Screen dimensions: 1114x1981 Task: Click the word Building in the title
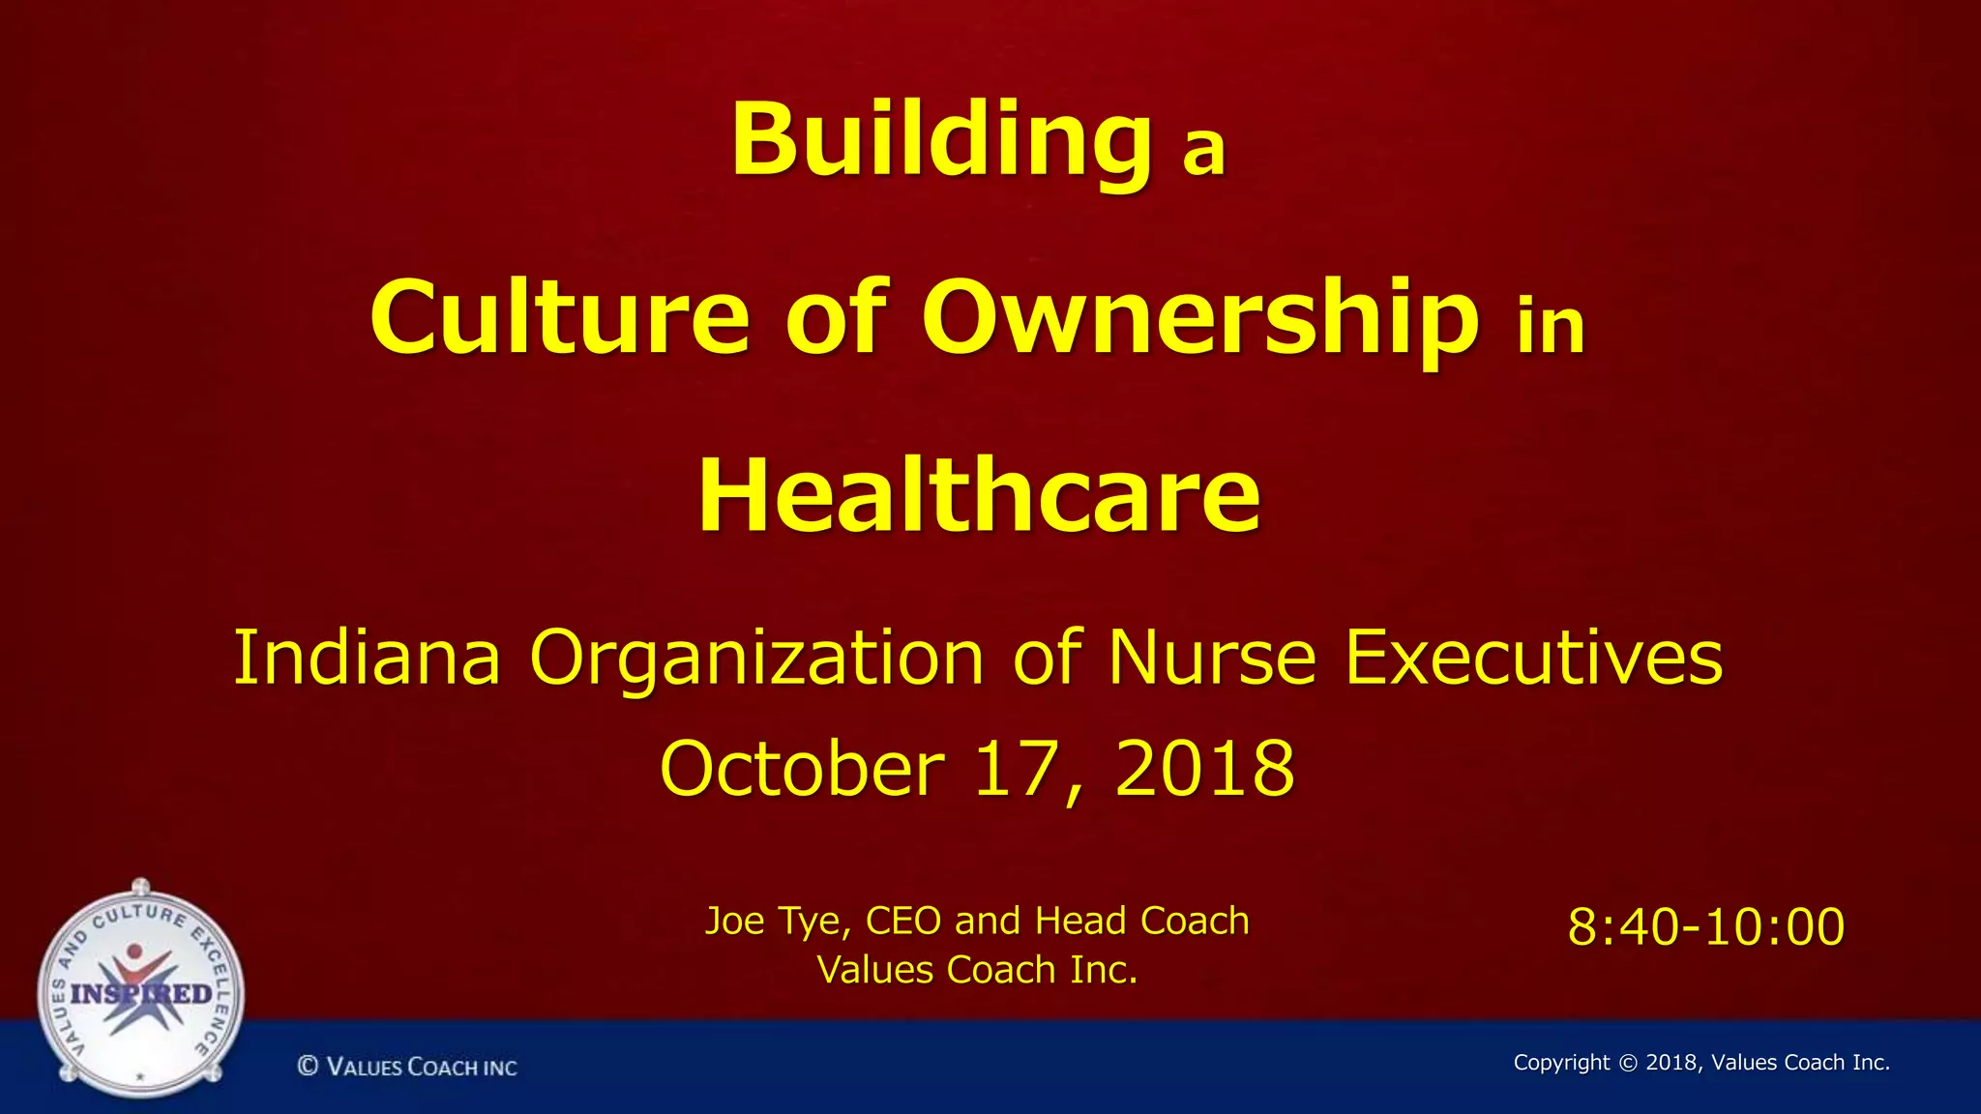click(x=940, y=141)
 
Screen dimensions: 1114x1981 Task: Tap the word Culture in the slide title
click(x=559, y=317)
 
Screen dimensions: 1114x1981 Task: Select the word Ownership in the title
click(x=1199, y=317)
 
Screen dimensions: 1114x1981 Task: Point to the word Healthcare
click(x=979, y=495)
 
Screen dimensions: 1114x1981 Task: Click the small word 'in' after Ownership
click(x=1551, y=327)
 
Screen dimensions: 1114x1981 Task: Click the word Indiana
click(x=368, y=658)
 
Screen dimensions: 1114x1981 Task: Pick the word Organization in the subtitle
click(x=757, y=658)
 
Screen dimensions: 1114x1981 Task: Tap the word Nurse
click(x=1212, y=658)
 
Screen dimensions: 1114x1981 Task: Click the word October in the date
click(x=802, y=769)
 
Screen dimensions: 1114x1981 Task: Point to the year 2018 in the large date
click(x=1204, y=769)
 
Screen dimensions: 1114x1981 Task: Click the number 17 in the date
click(x=1016, y=769)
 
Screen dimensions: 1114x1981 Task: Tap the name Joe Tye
click(x=778, y=922)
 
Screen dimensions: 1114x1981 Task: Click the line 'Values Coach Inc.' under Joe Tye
click(x=977, y=970)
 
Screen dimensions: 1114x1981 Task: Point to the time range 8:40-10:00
click(x=1706, y=926)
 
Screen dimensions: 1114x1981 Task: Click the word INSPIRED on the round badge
click(x=141, y=994)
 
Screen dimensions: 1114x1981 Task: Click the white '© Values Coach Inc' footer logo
click(x=407, y=1067)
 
